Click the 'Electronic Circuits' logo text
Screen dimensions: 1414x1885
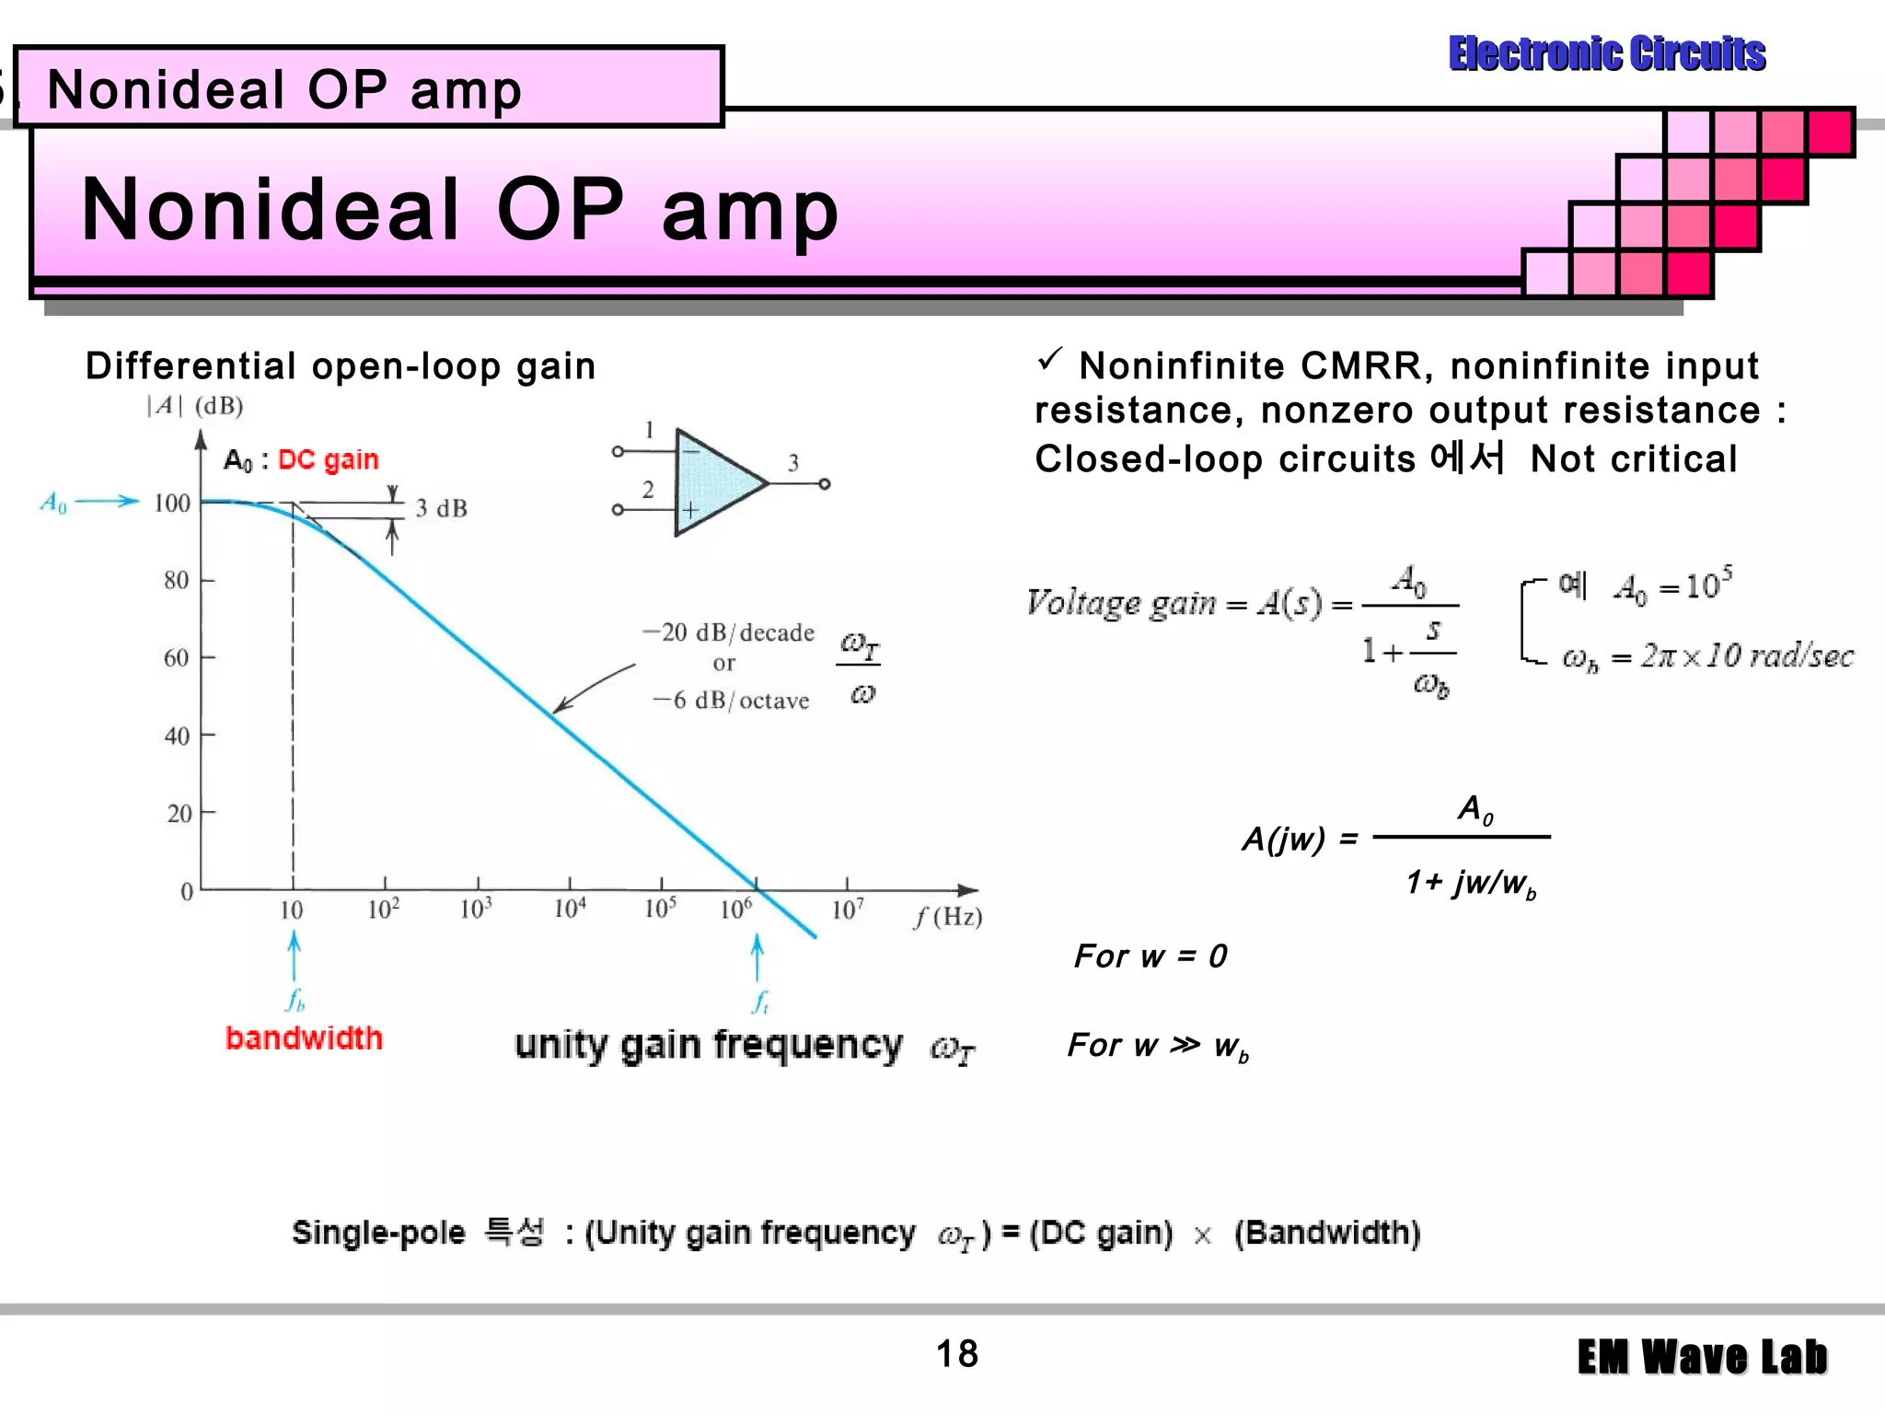[1606, 53]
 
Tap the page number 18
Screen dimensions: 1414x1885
[956, 1353]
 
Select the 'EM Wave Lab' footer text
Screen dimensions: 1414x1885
[1702, 1357]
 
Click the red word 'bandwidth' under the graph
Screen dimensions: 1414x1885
[304, 1038]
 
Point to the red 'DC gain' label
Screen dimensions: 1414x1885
[328, 459]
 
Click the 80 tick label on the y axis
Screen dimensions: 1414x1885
[176, 580]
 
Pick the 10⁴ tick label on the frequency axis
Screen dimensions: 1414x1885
[570, 910]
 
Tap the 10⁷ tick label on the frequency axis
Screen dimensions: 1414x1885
[847, 910]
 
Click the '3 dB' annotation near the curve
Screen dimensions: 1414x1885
[441, 508]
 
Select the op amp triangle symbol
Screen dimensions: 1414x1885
[713, 482]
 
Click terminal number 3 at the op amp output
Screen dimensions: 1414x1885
[792, 463]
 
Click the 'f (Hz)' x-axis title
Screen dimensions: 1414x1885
[948, 917]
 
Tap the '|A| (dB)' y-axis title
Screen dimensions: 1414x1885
[194, 406]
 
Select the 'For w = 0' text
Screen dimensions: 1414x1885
[1151, 956]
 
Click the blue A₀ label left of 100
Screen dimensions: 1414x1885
[54, 503]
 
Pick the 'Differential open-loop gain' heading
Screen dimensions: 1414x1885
[341, 366]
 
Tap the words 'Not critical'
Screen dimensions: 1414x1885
[1633, 458]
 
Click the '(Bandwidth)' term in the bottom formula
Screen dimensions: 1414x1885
[1327, 1233]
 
